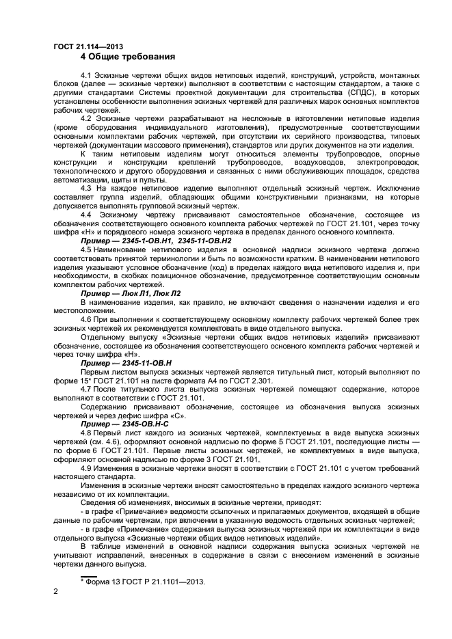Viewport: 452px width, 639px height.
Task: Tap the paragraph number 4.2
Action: click(x=87, y=119)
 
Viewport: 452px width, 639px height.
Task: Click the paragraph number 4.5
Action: click(x=87, y=251)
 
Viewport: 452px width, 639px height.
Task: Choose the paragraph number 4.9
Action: click(x=87, y=468)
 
